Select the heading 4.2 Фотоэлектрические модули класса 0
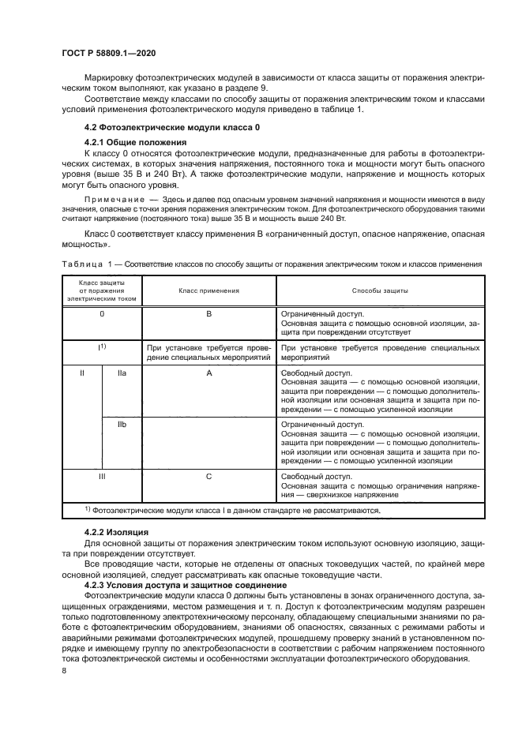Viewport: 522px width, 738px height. (171, 127)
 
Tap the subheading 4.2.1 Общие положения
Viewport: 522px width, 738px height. (134, 141)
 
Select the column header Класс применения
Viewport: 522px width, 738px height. (208, 290)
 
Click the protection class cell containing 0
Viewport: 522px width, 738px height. (101, 314)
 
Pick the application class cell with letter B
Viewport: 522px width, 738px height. (208, 314)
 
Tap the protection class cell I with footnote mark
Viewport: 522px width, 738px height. (101, 347)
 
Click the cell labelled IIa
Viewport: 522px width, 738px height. (122, 373)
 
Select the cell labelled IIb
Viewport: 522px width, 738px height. (122, 426)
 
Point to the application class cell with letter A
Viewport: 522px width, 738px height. (208, 373)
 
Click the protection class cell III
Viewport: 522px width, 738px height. (101, 478)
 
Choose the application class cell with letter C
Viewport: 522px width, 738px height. (208, 478)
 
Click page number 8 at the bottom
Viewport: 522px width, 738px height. (64, 670)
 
